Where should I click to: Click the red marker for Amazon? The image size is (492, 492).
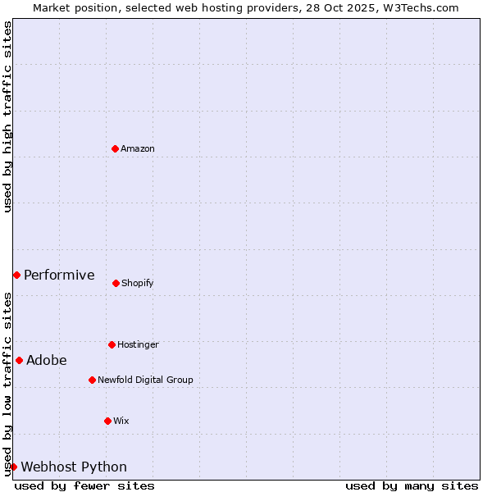tap(115, 148)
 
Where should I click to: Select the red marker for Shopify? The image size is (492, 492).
tap(116, 283)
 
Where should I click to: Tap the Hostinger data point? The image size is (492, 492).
tap(112, 344)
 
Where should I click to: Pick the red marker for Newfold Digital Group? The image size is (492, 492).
tap(92, 380)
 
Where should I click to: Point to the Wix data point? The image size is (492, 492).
tap(107, 421)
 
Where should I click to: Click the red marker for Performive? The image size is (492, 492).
tap(16, 275)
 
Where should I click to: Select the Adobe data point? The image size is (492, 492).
tap(19, 360)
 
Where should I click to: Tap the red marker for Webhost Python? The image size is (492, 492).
tap(13, 467)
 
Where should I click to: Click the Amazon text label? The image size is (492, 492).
tap(138, 148)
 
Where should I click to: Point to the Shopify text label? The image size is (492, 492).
tap(138, 283)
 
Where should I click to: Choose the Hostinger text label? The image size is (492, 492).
tap(138, 344)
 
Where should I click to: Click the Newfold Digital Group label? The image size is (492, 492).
tap(145, 380)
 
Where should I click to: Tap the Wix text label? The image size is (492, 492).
tap(121, 421)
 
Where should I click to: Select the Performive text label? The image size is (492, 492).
tap(59, 275)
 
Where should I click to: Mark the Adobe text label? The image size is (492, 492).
tap(47, 360)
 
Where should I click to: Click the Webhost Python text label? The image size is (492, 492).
tap(74, 467)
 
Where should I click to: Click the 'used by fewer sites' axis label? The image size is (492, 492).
tap(84, 485)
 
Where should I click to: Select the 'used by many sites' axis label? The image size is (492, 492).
tap(412, 485)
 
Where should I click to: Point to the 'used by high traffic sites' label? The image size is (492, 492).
tap(7, 116)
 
